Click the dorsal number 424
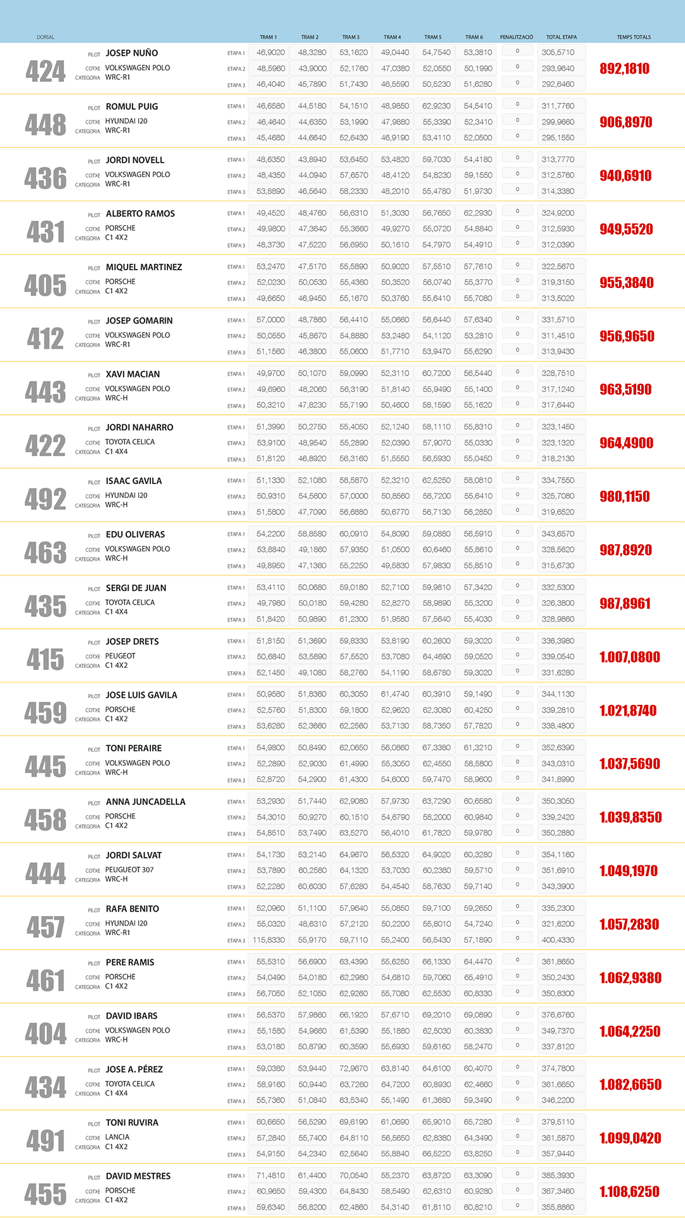tap(46, 72)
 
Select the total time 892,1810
tap(624, 69)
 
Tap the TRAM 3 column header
tap(351, 37)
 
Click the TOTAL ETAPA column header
tap(561, 37)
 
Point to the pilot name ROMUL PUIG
tap(132, 107)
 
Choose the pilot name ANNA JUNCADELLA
tap(145, 802)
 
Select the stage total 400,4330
tap(558, 940)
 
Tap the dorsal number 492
tap(46, 499)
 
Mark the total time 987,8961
tap(625, 603)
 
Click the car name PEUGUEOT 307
tap(129, 870)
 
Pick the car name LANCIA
tap(117, 1137)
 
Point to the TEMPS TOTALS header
tap(634, 37)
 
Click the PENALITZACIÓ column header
tap(516, 37)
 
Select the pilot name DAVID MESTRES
tap(138, 1176)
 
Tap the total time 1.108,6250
tap(629, 1192)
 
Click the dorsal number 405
tap(46, 285)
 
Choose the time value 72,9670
tap(353, 1069)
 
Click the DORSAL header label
tap(46, 37)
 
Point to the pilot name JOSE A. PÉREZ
tap(134, 1070)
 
